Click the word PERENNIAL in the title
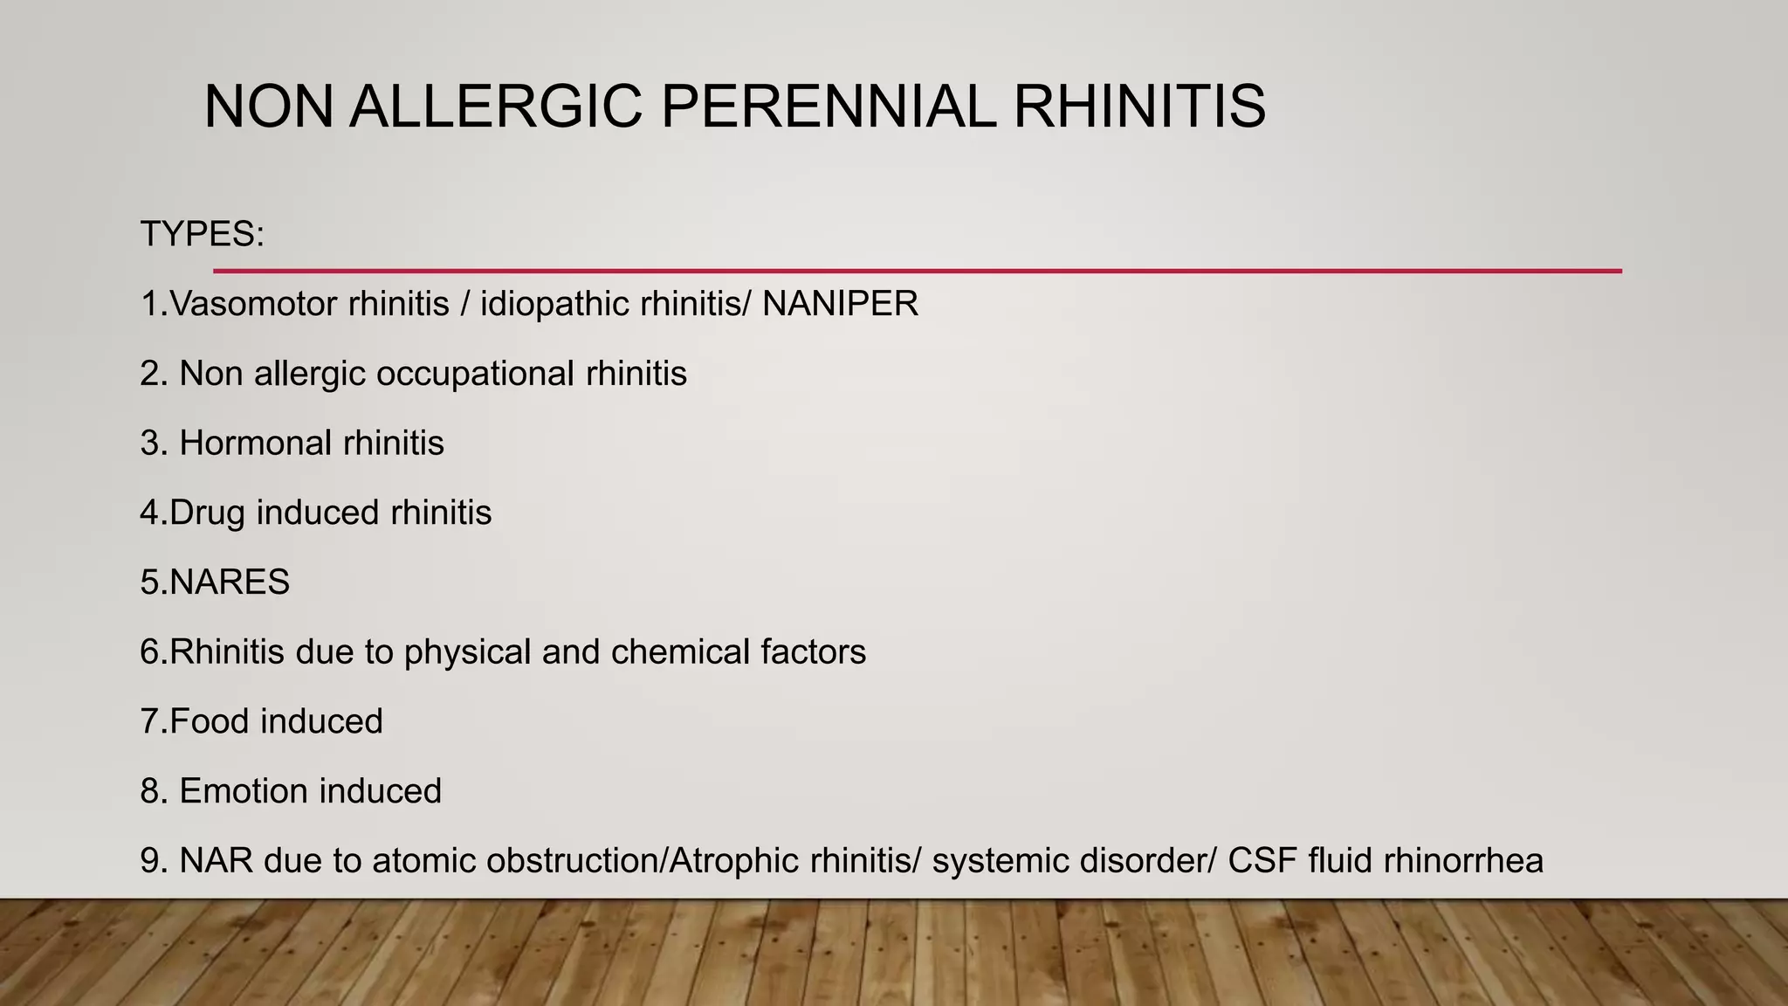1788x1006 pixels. (x=827, y=107)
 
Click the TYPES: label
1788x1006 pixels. (x=202, y=234)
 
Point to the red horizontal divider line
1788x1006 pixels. (x=917, y=271)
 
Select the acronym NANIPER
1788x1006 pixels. (x=840, y=304)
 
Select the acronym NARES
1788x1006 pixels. (x=230, y=582)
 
